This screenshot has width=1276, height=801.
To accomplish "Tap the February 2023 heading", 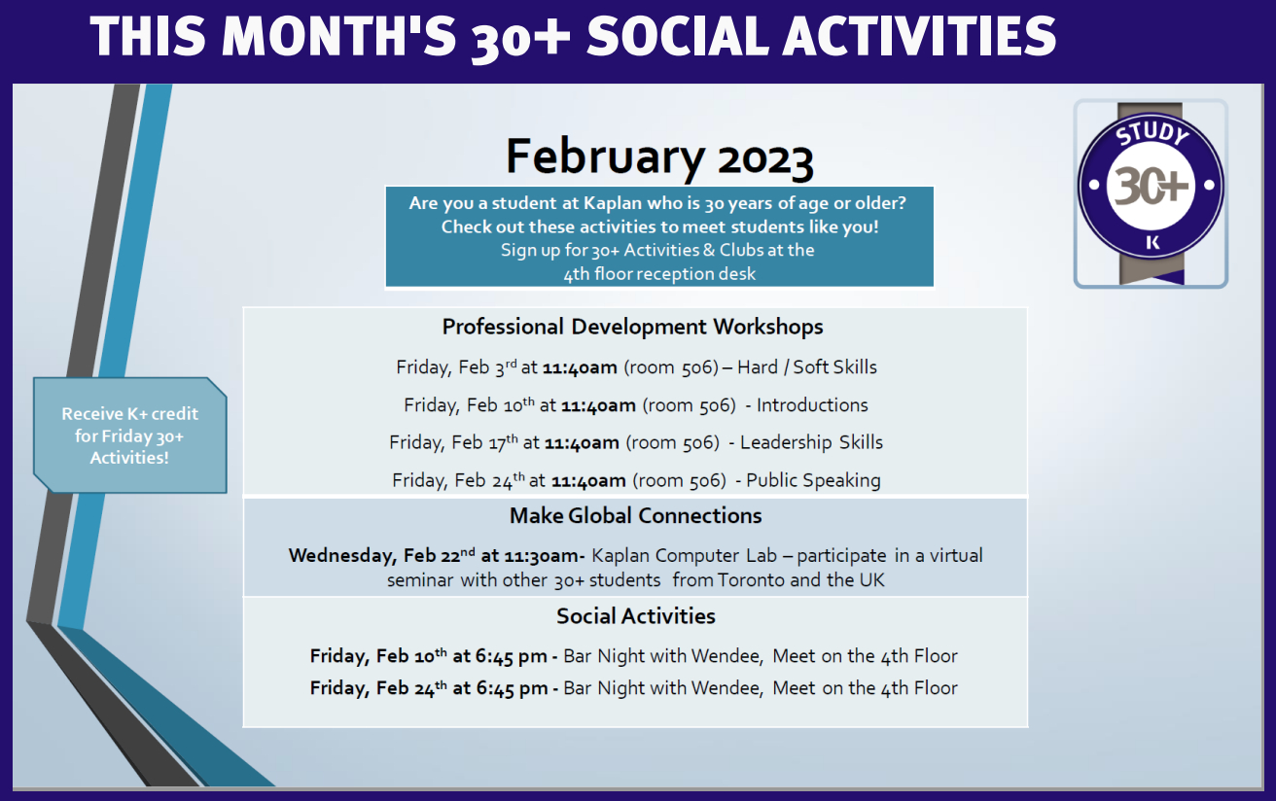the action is pyautogui.click(x=659, y=157).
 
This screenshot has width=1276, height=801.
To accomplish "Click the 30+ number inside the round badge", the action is pyautogui.click(x=1152, y=186).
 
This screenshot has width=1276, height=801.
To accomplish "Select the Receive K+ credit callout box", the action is pyautogui.click(x=130, y=435).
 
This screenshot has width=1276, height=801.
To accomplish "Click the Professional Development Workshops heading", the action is pyautogui.click(x=632, y=327).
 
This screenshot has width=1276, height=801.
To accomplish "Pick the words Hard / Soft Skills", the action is pyautogui.click(x=807, y=367).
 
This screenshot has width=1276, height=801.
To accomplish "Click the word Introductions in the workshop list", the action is pyautogui.click(x=812, y=404).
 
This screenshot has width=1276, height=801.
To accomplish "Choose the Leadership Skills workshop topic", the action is pyautogui.click(x=811, y=442).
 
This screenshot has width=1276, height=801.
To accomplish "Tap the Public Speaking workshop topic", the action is pyautogui.click(x=813, y=480).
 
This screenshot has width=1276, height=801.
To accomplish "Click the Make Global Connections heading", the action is pyautogui.click(x=636, y=516).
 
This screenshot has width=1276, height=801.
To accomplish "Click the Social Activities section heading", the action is pyautogui.click(x=636, y=616).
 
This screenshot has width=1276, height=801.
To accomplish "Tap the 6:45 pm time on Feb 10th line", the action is pyautogui.click(x=511, y=656).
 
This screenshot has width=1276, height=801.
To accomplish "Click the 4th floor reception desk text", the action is pyautogui.click(x=659, y=274).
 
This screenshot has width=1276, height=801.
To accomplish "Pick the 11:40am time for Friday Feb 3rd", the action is pyautogui.click(x=580, y=367).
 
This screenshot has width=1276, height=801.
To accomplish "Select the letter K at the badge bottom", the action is pyautogui.click(x=1152, y=242).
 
